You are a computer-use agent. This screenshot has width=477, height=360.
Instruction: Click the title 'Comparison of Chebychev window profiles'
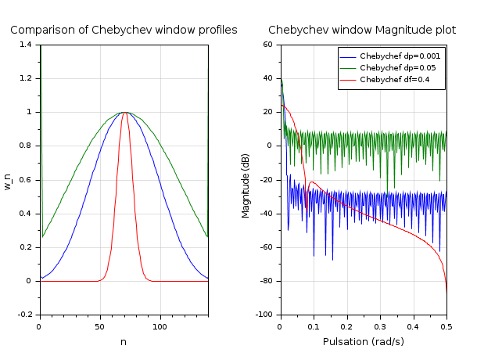tap(124, 31)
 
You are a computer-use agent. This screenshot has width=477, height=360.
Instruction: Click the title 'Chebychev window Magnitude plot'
tap(362, 31)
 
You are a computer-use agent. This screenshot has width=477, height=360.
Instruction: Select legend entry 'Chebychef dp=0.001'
tap(400, 56)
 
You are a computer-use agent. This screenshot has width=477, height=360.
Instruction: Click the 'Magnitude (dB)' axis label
tap(246, 180)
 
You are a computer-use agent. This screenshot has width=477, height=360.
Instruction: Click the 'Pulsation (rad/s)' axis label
tap(362, 342)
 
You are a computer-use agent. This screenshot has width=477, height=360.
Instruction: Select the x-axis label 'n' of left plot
tap(124, 342)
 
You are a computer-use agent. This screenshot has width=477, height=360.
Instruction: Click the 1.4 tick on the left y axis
tap(27, 45)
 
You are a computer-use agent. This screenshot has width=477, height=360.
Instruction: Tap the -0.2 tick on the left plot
tap(25, 314)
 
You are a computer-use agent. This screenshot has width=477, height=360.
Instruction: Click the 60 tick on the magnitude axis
tap(267, 45)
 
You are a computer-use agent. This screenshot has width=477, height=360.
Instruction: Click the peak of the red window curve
tap(125, 112)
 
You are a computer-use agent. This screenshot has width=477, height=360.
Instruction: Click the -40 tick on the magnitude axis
tap(264, 213)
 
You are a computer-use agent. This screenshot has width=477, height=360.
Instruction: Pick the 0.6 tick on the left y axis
tap(27, 179)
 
